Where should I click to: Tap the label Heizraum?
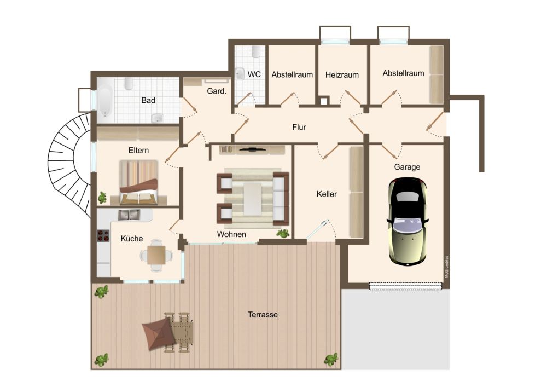pyautogui.click(x=342, y=74)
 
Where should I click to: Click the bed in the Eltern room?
pyautogui.click(x=138, y=182)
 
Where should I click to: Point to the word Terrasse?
pyautogui.click(x=263, y=315)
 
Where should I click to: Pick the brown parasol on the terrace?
pyautogui.click(x=158, y=334)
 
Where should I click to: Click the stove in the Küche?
pyautogui.click(x=103, y=236)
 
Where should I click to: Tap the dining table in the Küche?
pyautogui.click(x=156, y=255)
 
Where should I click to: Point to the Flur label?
pyautogui.click(x=299, y=128)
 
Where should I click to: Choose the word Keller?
pyautogui.click(x=327, y=194)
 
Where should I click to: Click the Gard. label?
pyautogui.click(x=217, y=91)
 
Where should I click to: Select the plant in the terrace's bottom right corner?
pyautogui.click(x=331, y=360)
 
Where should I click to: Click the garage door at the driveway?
pyautogui.click(x=405, y=285)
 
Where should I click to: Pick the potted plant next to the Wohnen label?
pyautogui.click(x=283, y=234)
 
